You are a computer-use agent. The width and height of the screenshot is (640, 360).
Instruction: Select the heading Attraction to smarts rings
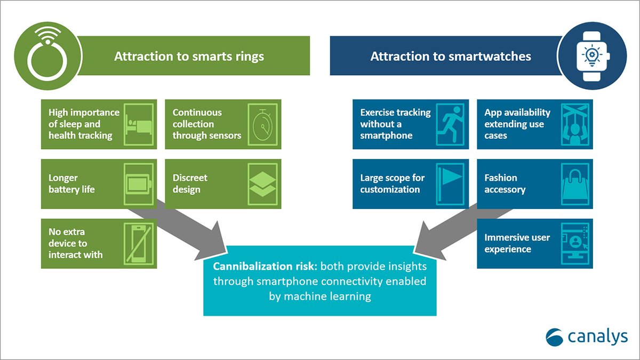pyautogui.click(x=189, y=57)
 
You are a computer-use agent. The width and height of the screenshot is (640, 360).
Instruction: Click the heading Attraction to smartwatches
pyautogui.click(x=451, y=57)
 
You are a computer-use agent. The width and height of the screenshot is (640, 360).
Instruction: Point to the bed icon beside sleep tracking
pyautogui.click(x=139, y=124)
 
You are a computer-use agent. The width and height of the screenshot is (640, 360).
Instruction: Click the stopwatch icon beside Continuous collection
pyautogui.click(x=263, y=124)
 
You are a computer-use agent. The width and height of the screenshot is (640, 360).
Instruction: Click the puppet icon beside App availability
pyautogui.click(x=575, y=124)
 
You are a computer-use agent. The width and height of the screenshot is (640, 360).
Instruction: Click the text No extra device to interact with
pyautogui.click(x=76, y=243)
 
